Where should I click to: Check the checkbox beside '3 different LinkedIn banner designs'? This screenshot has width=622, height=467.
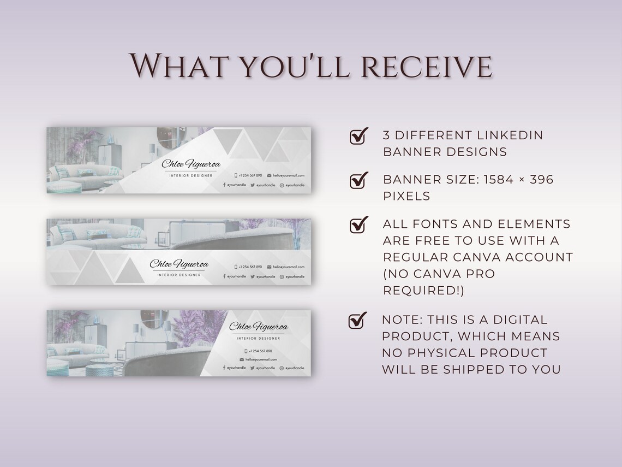(x=358, y=137)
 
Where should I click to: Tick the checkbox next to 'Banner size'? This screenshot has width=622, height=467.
(x=358, y=180)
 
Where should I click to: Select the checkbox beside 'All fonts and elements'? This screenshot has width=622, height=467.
(x=358, y=224)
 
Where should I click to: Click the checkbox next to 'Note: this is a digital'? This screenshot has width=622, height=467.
(x=357, y=321)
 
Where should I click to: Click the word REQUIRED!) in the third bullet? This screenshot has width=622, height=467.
(x=424, y=291)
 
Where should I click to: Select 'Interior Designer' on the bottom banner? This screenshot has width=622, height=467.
(x=258, y=339)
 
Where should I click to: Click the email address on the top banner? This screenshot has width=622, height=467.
(x=289, y=175)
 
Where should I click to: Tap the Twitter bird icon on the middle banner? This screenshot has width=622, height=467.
(x=253, y=277)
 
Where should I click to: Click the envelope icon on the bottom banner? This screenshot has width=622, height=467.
(x=242, y=359)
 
